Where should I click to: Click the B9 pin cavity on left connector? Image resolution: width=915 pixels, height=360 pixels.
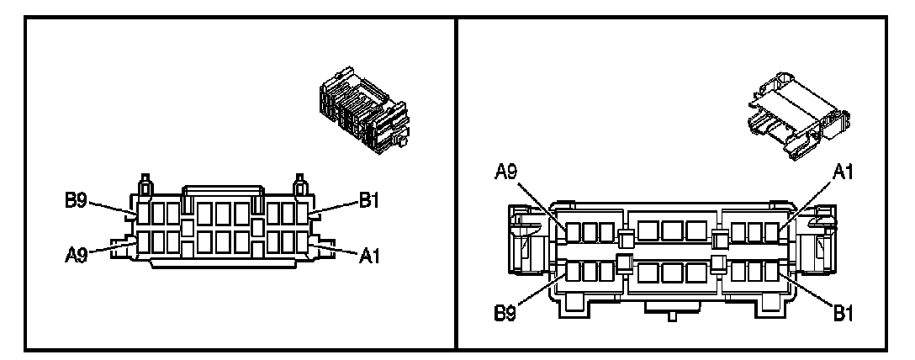(x=144, y=211)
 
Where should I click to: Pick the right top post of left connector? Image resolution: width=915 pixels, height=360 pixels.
(x=298, y=183)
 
